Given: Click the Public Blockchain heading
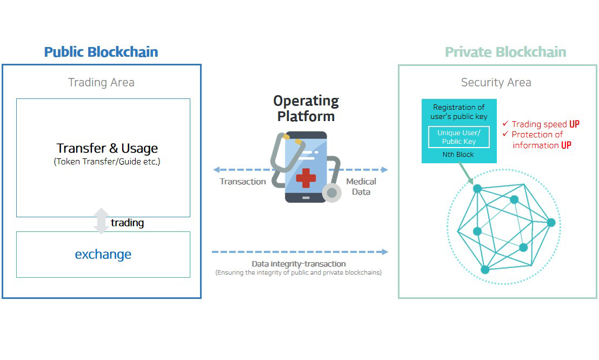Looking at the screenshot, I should click(101, 52).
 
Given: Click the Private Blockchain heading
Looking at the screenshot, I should click(505, 52).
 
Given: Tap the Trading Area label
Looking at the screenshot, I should click(101, 82).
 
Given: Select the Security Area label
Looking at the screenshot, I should click(496, 82).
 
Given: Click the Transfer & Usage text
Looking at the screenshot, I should click(107, 148).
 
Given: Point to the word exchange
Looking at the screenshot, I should click(103, 254).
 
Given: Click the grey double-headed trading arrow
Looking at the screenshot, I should click(101, 221).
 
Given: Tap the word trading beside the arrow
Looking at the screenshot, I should click(127, 223).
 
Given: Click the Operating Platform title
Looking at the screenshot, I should click(306, 108).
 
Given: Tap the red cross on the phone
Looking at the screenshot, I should click(306, 177).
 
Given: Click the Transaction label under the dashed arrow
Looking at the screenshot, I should click(243, 182).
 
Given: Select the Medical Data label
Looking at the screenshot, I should click(361, 186).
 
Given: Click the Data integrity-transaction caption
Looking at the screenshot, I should click(299, 264).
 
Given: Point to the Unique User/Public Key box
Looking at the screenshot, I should click(459, 137).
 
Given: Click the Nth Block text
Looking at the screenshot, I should click(458, 155).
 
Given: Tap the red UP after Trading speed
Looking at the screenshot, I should click(574, 124).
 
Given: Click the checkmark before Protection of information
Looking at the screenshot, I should click(505, 134).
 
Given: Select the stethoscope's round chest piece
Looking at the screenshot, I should click(332, 192).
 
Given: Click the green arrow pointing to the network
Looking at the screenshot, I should click(466, 174).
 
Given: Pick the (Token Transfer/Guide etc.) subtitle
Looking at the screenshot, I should click(107, 162).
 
